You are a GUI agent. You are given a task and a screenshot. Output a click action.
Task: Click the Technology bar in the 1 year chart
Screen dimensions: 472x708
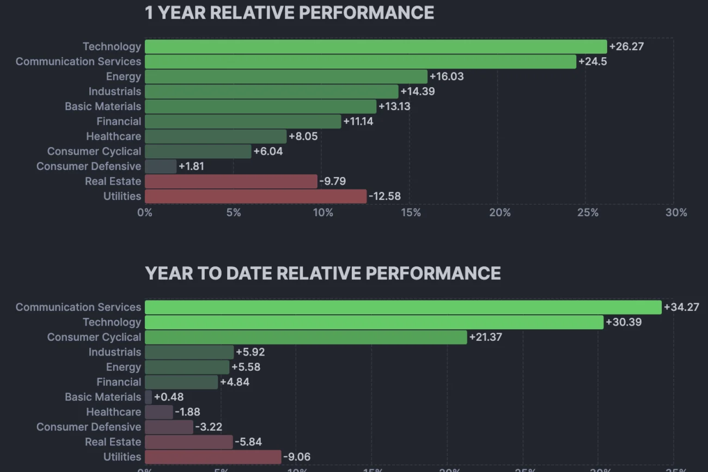point(376,47)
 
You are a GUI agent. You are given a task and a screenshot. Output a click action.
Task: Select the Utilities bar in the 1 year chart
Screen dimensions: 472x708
point(255,197)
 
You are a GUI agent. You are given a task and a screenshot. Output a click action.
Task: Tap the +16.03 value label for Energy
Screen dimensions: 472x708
point(447,77)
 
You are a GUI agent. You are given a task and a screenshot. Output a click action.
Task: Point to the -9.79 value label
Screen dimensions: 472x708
point(332,181)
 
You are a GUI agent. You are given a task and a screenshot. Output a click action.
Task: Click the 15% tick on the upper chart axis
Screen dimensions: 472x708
point(411,213)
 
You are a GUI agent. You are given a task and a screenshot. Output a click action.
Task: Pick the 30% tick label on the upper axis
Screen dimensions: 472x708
point(676,213)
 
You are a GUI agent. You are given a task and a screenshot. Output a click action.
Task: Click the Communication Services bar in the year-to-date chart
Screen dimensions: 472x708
point(403,307)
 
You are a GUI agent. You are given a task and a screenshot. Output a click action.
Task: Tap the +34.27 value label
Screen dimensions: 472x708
point(681,307)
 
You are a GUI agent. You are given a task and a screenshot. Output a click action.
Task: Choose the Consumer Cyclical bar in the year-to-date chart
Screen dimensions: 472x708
point(306,337)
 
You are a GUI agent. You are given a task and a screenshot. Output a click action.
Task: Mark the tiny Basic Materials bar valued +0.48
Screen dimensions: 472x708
point(148,397)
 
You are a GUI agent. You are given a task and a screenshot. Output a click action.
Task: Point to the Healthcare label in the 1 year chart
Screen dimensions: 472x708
point(113,137)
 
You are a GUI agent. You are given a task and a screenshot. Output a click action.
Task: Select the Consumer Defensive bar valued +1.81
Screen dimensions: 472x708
point(161,167)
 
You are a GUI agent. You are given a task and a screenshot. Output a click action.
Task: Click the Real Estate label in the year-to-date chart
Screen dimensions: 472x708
point(113,442)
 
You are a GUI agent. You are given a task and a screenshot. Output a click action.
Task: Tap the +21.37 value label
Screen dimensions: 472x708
point(485,337)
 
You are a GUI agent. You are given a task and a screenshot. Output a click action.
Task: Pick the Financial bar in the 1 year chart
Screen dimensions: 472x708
point(243,121)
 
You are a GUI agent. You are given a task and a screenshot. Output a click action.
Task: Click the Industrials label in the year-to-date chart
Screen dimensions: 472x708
point(114,352)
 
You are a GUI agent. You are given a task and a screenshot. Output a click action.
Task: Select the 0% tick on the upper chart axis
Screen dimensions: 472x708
point(145,213)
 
